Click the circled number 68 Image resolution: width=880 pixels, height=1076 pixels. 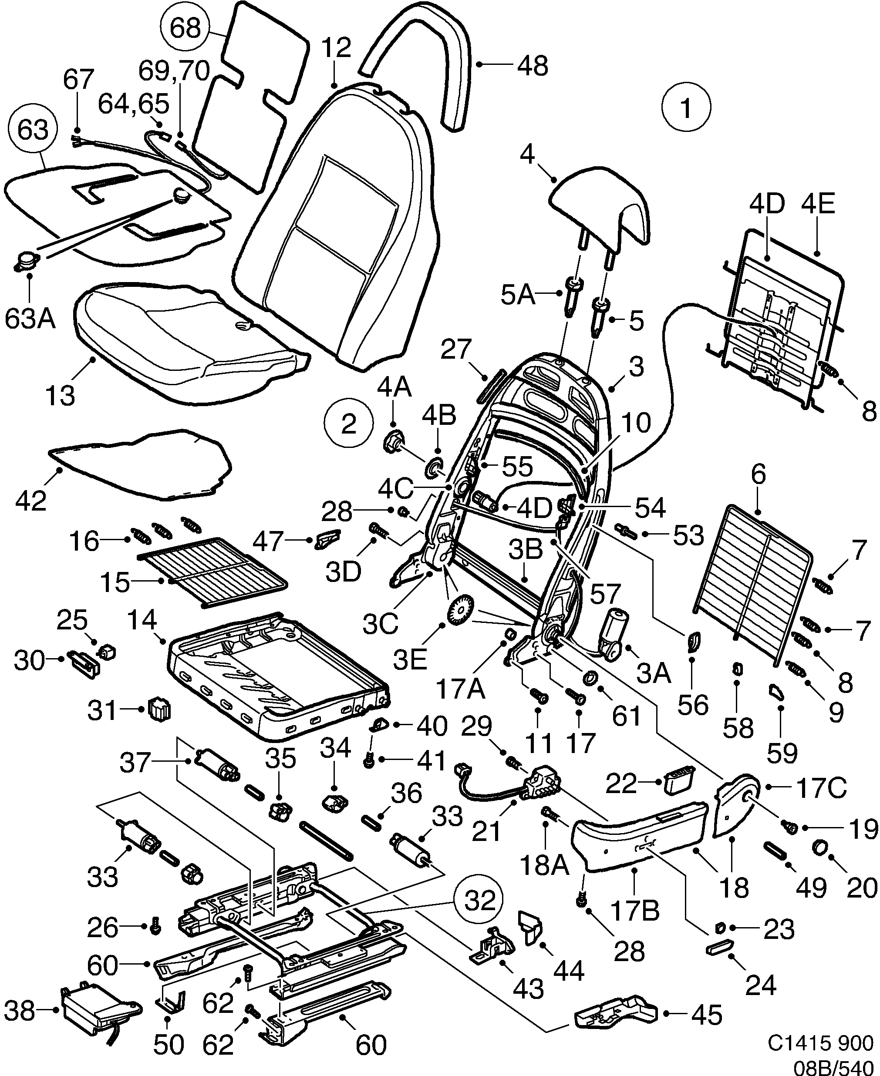click(185, 28)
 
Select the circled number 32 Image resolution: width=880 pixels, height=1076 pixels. click(479, 900)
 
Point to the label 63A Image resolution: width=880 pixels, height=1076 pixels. click(30, 319)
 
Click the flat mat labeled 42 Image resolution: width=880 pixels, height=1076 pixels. click(142, 464)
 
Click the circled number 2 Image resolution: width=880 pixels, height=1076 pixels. click(348, 424)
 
